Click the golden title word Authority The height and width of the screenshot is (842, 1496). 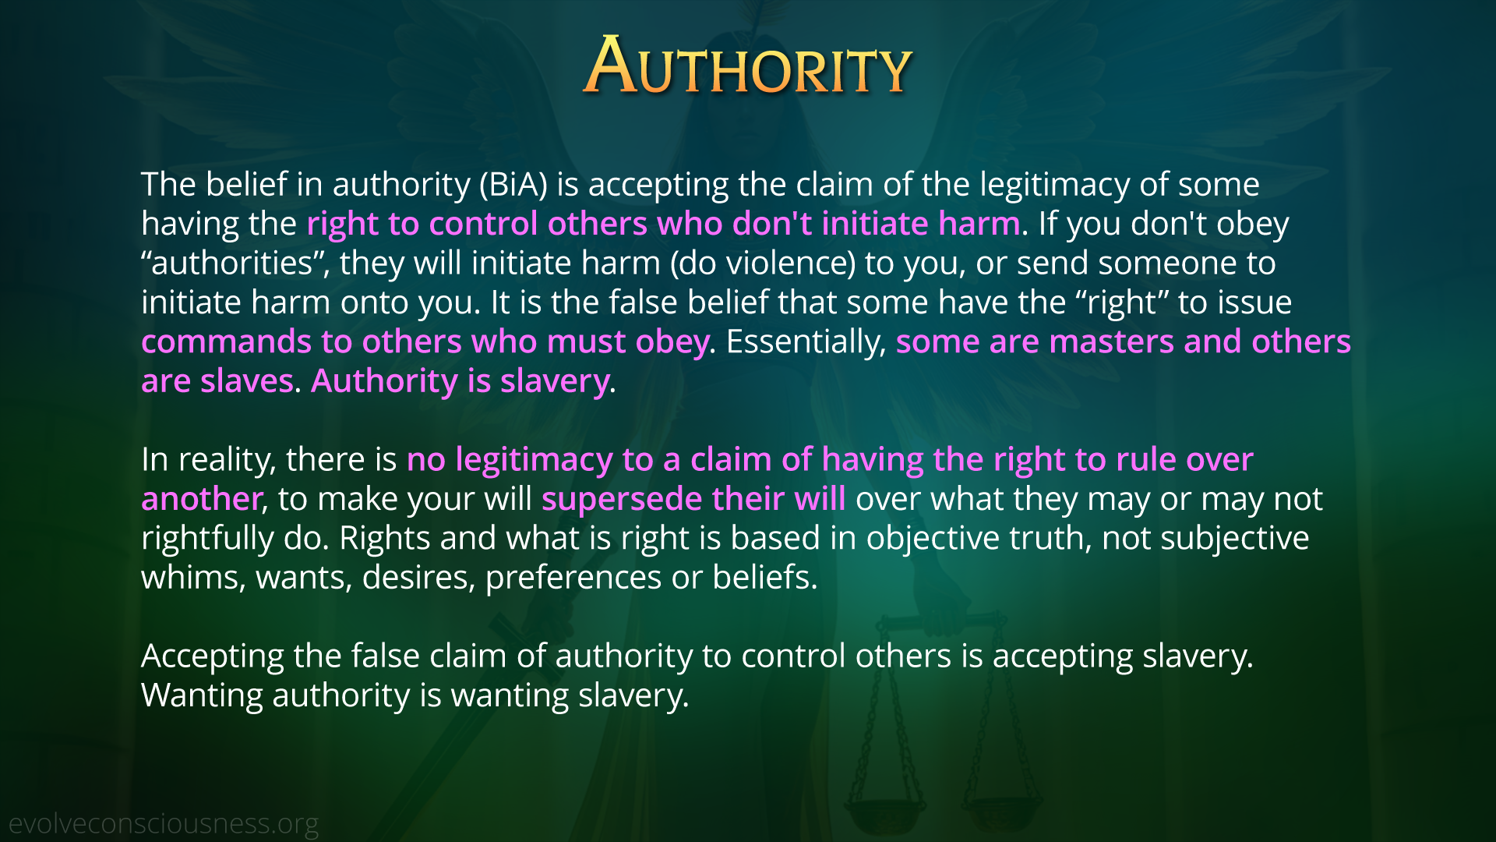748,66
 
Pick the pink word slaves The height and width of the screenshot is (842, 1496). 247,381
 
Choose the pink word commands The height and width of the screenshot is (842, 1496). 226,342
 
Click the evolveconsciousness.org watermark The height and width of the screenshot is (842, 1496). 164,824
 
